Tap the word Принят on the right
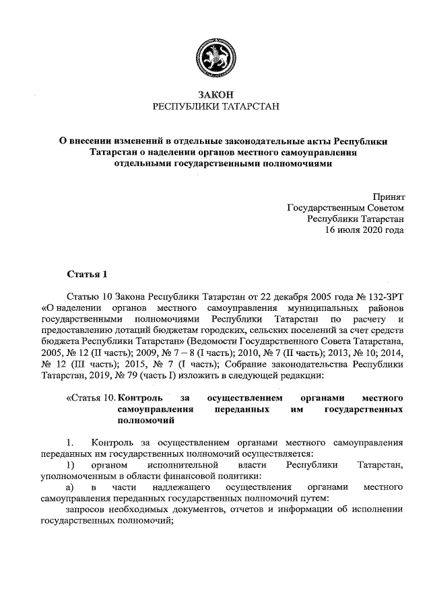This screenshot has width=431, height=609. [x=389, y=196]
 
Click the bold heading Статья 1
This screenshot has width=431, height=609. [x=87, y=274]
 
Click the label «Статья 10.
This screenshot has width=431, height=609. [x=90, y=398]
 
